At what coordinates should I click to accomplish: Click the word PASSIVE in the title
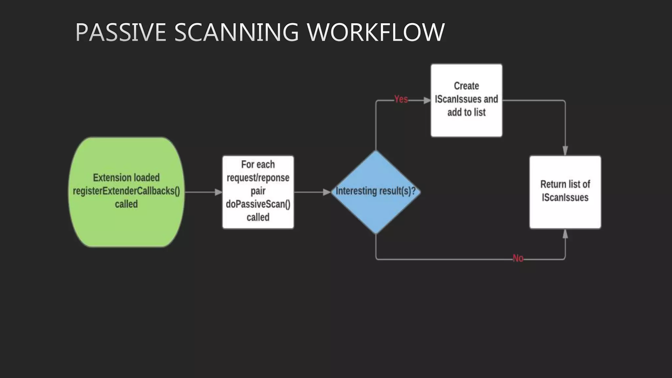[x=121, y=32]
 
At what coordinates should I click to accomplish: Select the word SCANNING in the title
[x=236, y=32]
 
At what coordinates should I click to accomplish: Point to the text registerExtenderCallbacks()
[x=126, y=191]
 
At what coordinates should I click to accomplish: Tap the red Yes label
[x=401, y=99]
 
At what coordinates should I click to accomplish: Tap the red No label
[x=518, y=258]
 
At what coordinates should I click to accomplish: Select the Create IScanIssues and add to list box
[x=466, y=125]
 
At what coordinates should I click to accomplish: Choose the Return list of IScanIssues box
[x=565, y=213]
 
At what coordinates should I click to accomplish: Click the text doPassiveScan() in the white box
[x=258, y=204]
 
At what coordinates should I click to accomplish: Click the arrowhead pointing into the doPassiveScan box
[x=219, y=192]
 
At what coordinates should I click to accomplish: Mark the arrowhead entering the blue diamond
[x=327, y=192]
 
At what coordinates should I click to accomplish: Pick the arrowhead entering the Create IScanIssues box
[x=427, y=100]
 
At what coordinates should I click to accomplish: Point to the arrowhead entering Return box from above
[x=565, y=151]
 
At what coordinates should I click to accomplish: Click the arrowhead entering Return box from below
[x=565, y=234]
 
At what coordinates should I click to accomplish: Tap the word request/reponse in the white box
[x=258, y=178]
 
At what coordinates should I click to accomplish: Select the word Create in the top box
[x=466, y=86]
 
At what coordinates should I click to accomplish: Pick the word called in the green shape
[x=126, y=204]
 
